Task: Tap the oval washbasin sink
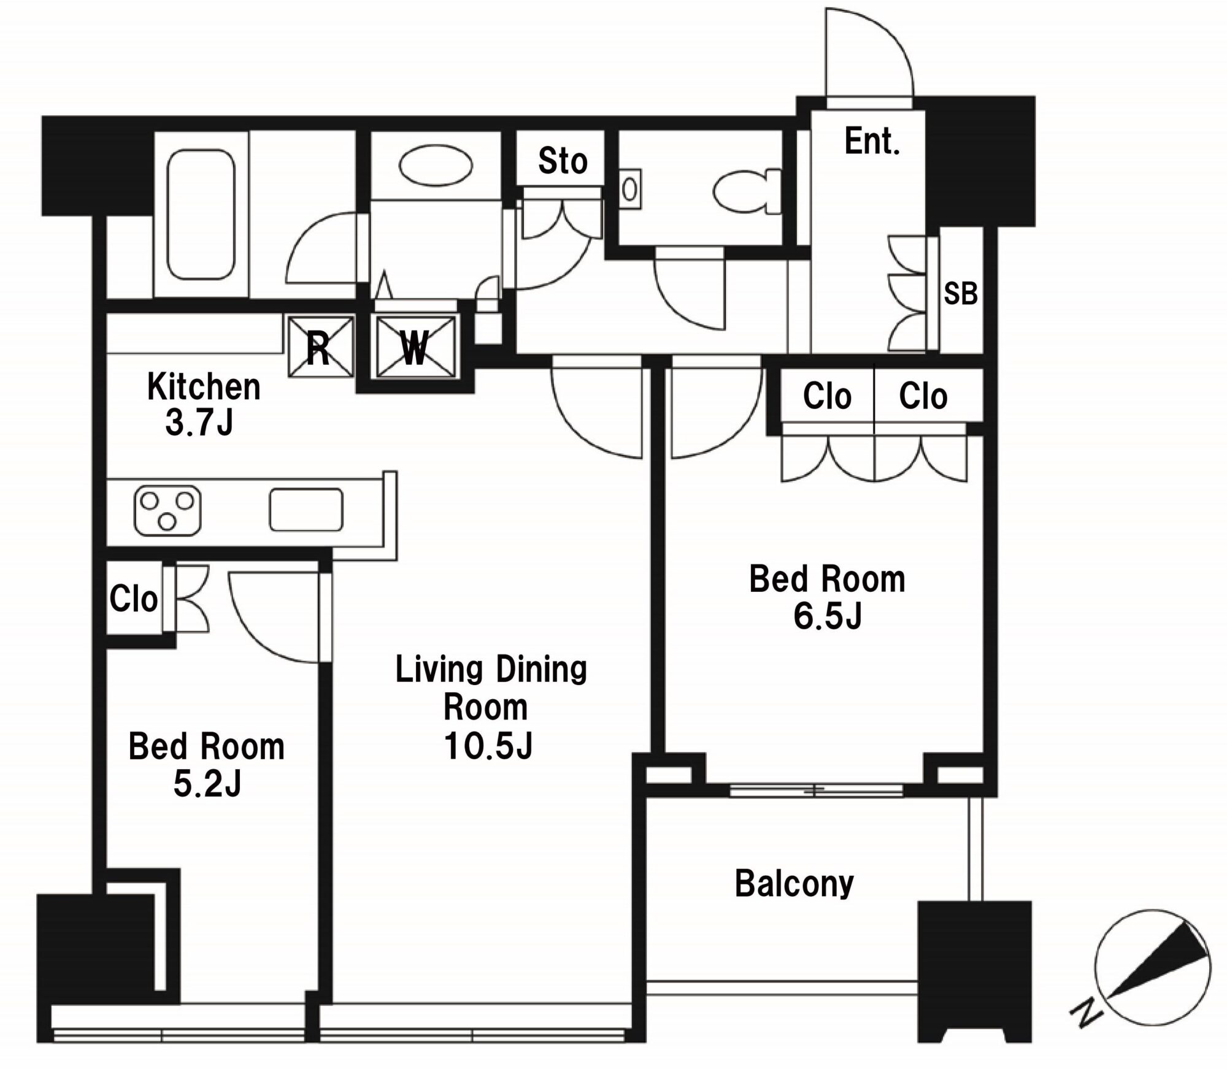point(436,165)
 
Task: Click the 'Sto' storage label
point(563,161)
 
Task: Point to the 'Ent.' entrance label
point(872,142)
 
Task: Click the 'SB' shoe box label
point(960,294)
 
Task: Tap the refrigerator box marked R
point(321,346)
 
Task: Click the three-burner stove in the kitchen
point(167,510)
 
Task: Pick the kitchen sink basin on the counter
point(306,509)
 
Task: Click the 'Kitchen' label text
point(204,387)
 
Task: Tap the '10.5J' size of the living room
point(488,746)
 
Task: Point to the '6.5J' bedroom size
point(828,616)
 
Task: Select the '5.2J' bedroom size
point(207,784)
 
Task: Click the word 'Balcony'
point(794,884)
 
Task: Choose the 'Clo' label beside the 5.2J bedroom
point(134,599)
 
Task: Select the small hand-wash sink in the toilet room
point(629,190)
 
